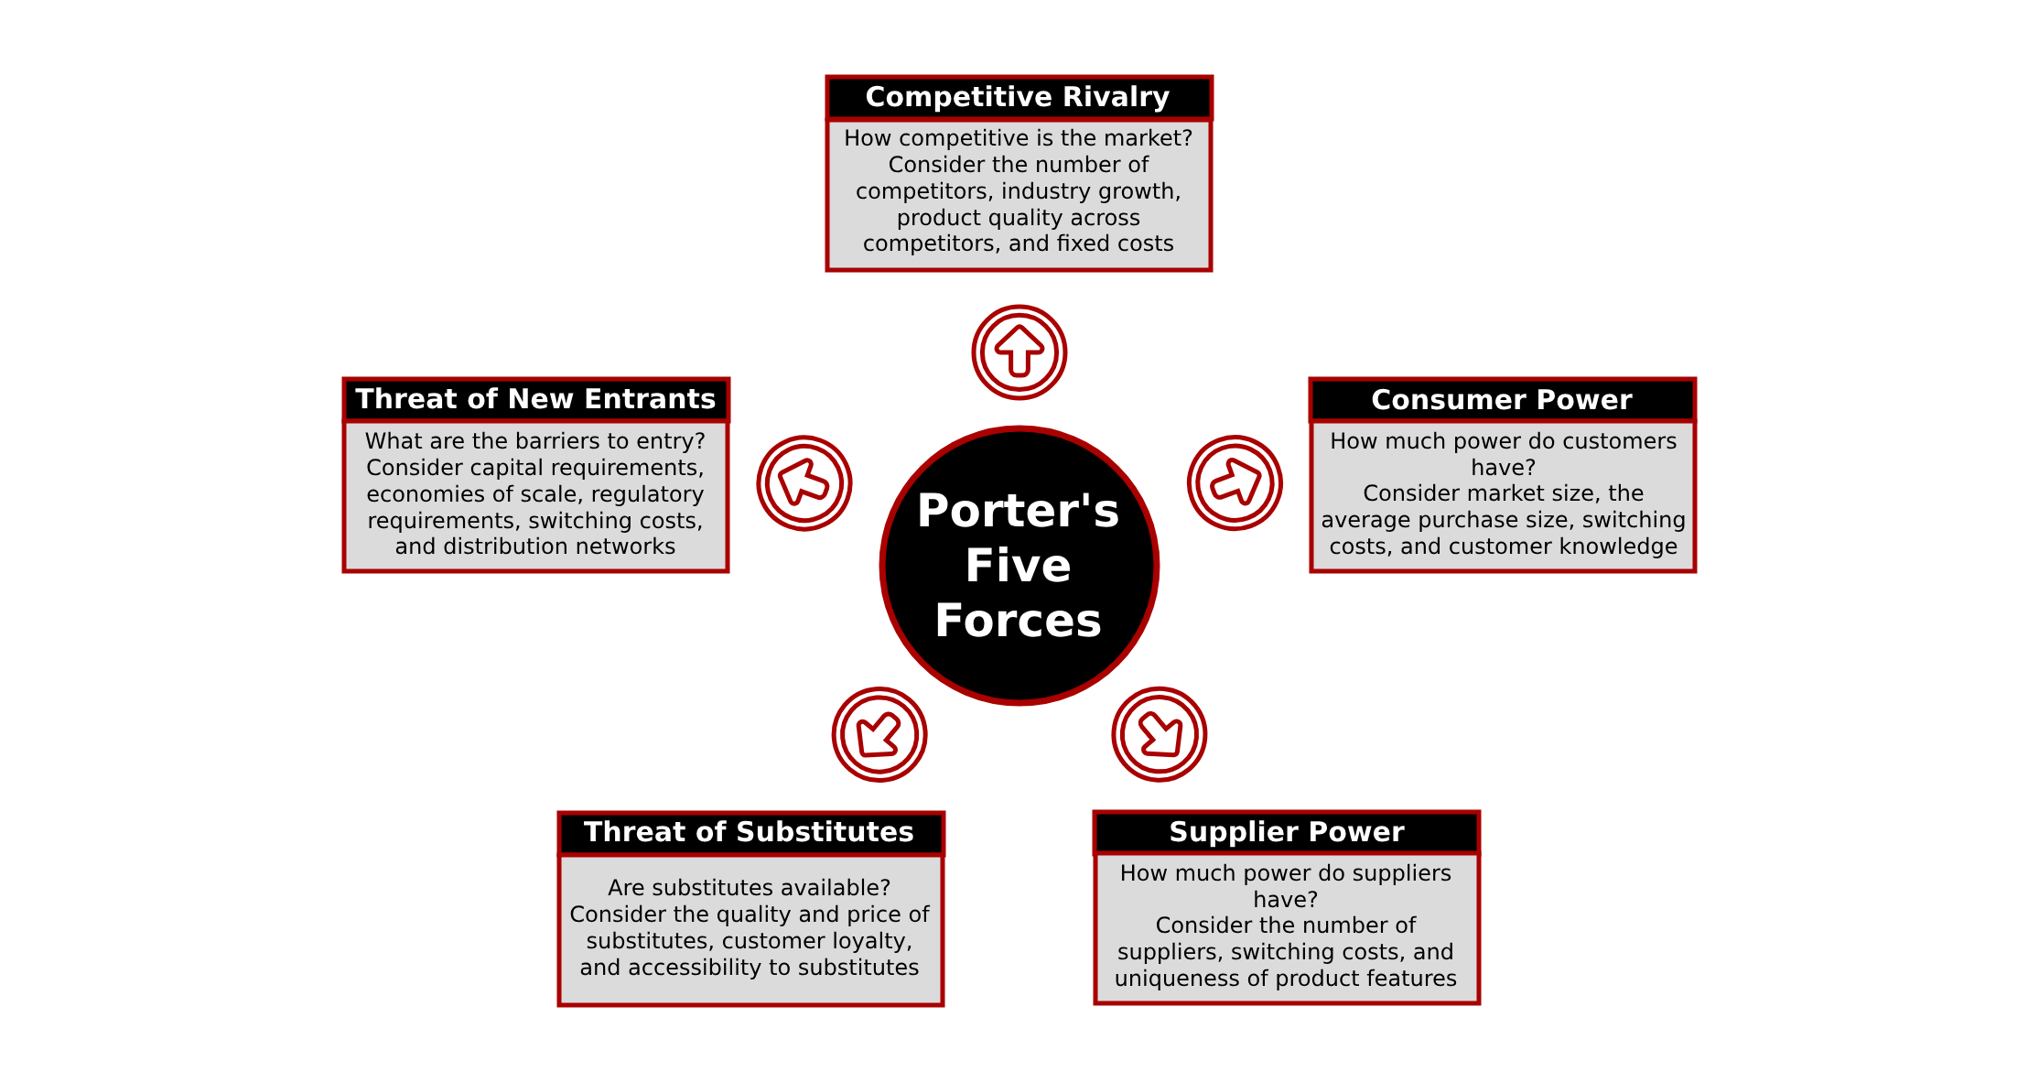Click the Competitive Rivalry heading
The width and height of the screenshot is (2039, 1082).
[1018, 97]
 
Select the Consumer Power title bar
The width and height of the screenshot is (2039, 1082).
[1502, 400]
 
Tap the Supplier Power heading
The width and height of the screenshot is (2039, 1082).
[1287, 832]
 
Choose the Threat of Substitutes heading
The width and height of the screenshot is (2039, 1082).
[750, 832]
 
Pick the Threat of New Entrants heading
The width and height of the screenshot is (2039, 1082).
[535, 399]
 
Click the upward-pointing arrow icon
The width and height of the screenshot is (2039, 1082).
[1019, 352]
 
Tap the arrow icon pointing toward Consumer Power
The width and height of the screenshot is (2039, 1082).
[1235, 482]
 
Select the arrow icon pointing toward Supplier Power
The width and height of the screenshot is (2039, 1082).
[1160, 734]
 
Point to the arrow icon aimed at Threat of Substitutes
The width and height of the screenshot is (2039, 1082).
[879, 734]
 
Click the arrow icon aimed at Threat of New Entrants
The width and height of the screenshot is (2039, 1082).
[804, 482]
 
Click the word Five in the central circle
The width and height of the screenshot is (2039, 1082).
[1019, 566]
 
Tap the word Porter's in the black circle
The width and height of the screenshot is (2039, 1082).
[1019, 511]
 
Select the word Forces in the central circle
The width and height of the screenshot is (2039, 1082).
[1019, 621]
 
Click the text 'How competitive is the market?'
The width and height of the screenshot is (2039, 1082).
[1019, 138]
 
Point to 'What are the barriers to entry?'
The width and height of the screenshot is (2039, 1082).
[535, 441]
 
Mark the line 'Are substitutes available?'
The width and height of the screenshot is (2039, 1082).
[750, 888]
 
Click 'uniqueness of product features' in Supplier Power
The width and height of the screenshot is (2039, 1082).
[1286, 979]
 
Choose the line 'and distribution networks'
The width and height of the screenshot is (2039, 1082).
[535, 546]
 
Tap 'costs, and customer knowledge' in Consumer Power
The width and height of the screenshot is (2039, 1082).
[1504, 546]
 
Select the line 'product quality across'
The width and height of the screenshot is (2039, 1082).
[1019, 218]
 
